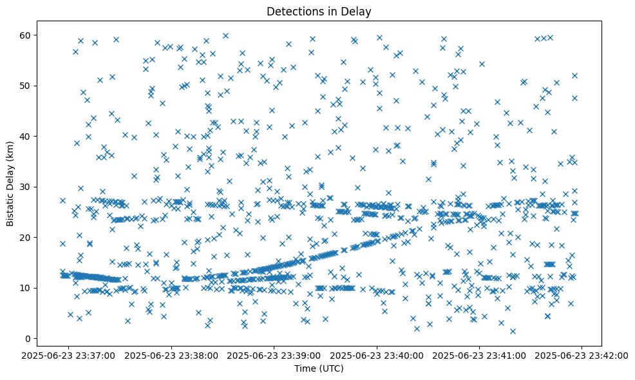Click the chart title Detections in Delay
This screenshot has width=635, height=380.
coord(319,11)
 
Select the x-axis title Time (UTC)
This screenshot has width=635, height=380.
coord(319,368)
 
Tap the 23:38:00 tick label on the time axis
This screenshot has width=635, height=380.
coord(172,355)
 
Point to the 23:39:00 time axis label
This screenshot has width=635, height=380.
coord(274,355)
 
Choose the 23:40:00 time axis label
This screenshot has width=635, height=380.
coord(377,355)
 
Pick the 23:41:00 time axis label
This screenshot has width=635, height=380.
coord(479,355)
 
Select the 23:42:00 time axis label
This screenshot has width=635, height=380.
coord(582,355)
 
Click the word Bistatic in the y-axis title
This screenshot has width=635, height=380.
coord(11,206)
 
